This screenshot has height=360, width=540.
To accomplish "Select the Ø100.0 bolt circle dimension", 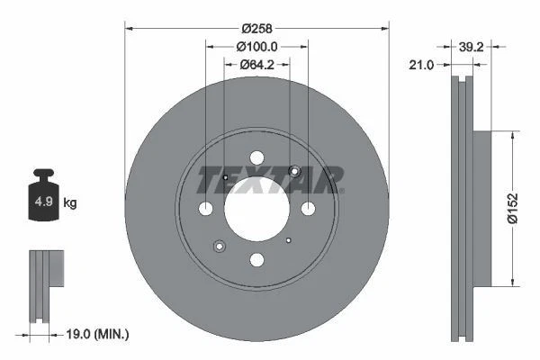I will point(256,47).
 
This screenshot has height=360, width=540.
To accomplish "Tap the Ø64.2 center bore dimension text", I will point(256,64).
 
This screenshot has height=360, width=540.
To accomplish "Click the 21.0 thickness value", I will point(422,65).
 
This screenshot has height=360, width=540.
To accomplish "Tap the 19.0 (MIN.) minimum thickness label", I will point(97,334).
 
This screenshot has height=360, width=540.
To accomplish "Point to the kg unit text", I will point(70,203).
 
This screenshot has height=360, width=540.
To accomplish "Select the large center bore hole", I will point(256,209).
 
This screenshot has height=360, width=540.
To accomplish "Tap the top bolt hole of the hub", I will point(256,157).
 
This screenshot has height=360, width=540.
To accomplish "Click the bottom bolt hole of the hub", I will point(256,260).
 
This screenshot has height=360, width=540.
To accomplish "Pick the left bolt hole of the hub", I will point(205,209).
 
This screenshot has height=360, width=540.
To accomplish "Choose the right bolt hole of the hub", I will point(308,209).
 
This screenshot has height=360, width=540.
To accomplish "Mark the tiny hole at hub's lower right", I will point(288,240).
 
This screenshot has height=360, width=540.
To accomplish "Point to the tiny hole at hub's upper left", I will point(225,177).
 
